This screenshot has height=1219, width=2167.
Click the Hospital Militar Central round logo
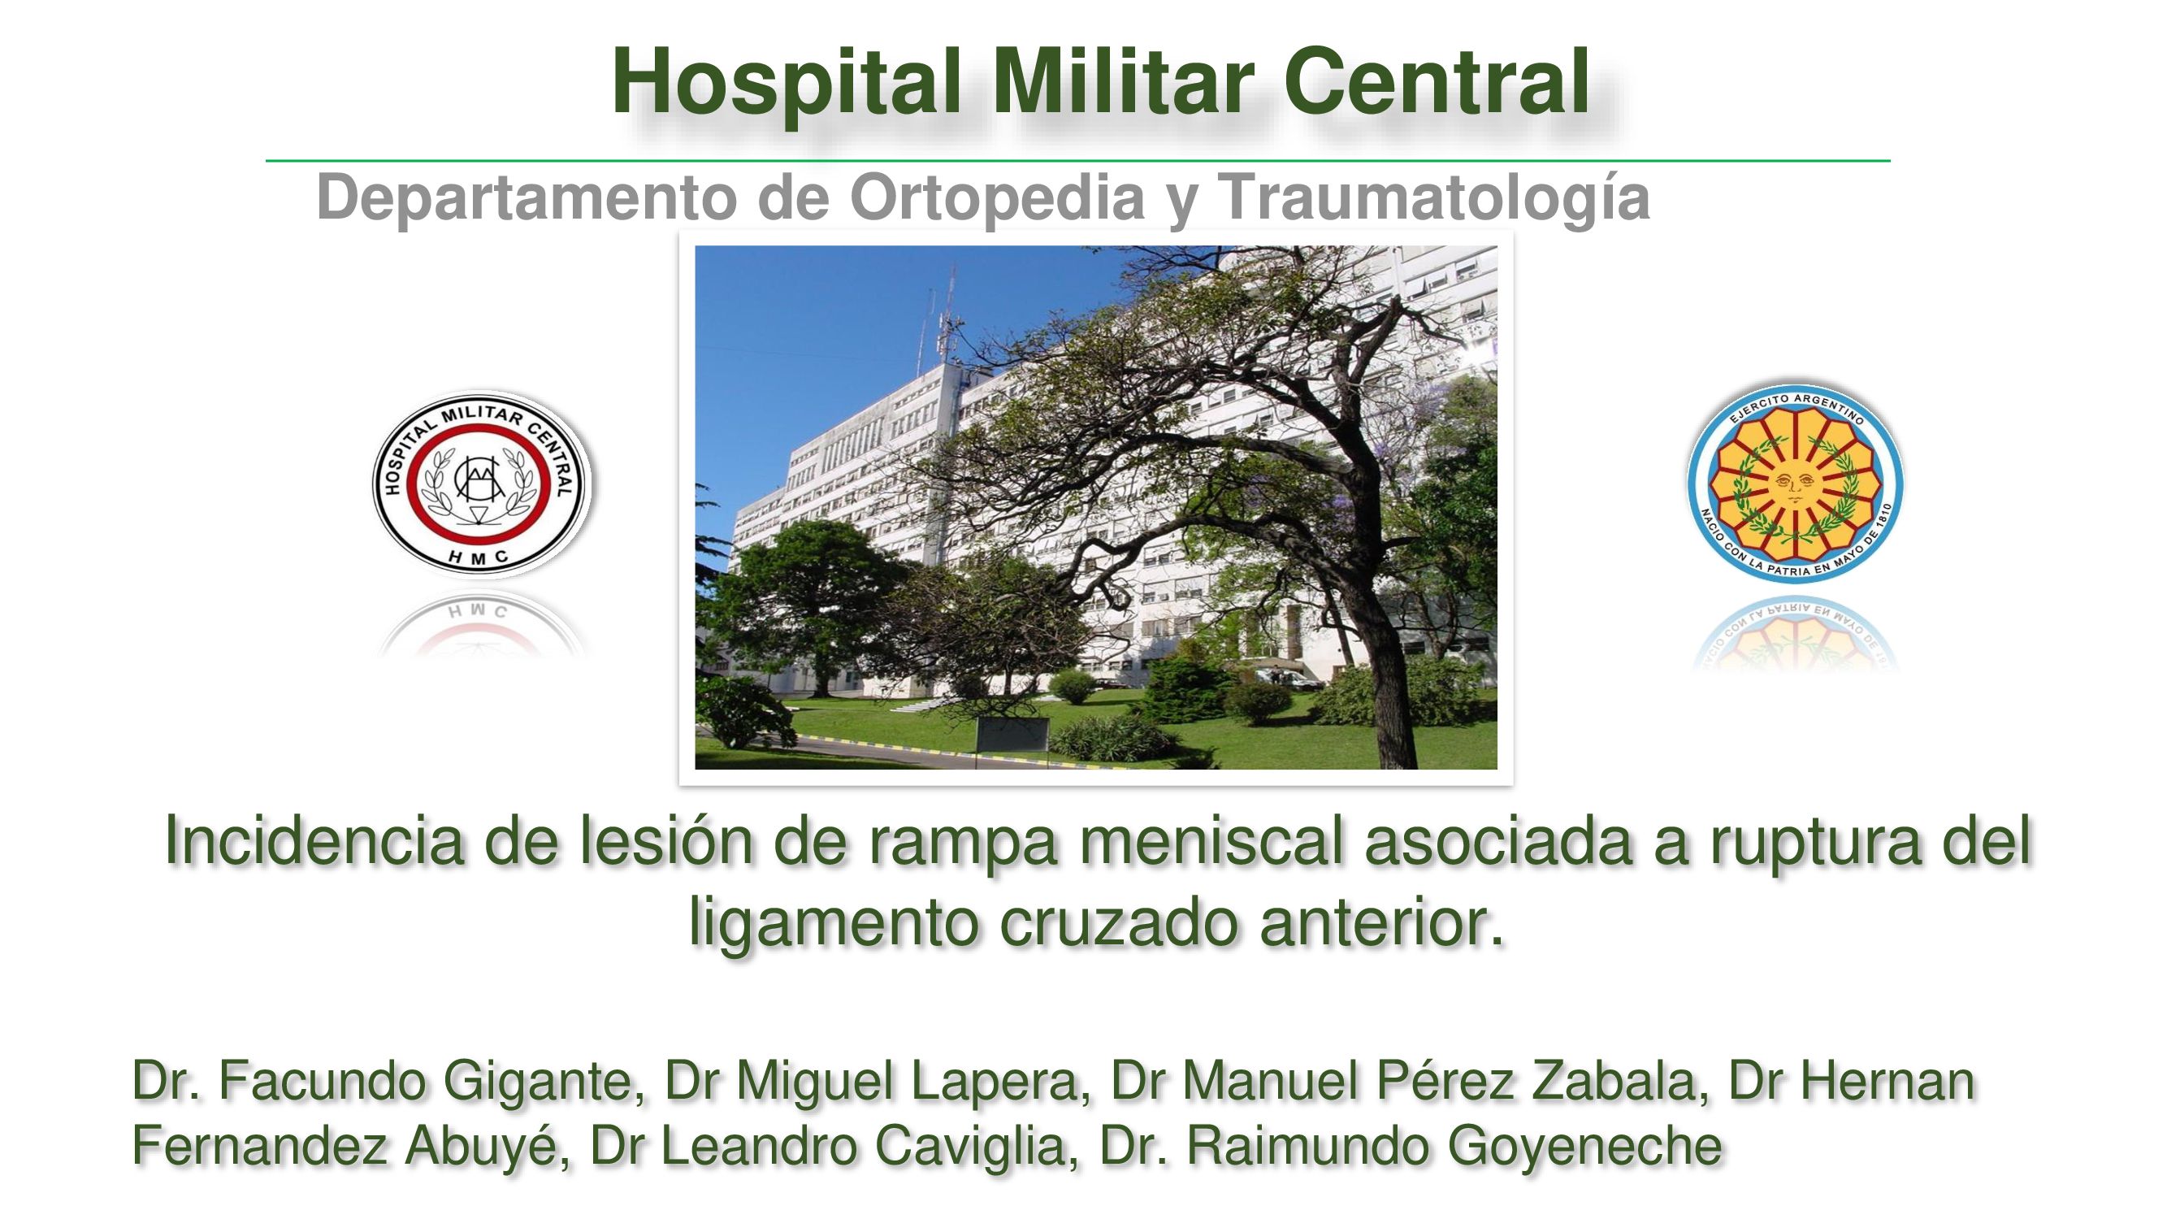(x=482, y=483)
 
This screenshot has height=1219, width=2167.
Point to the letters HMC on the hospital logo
(x=478, y=556)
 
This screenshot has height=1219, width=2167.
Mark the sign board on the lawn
(x=1012, y=734)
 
